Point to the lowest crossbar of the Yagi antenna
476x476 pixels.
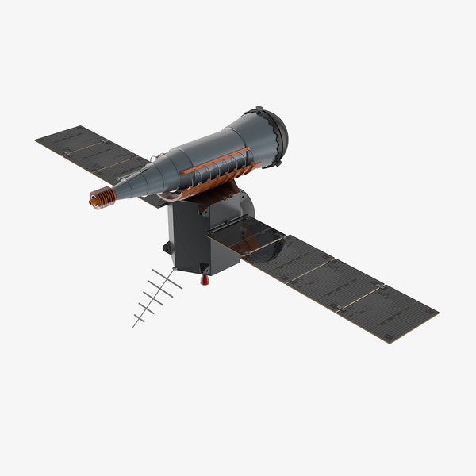[x=140, y=320]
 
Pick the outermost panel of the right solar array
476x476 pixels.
[x=388, y=313]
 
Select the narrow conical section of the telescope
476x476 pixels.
[x=139, y=181]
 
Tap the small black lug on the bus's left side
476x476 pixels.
[x=167, y=248]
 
